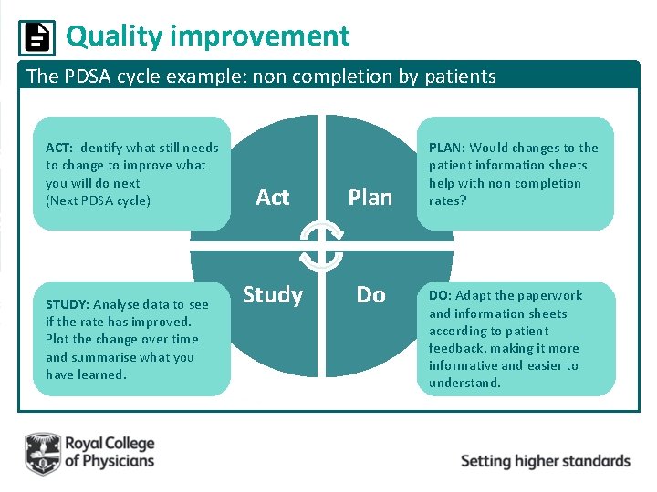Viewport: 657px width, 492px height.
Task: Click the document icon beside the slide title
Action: click(36, 37)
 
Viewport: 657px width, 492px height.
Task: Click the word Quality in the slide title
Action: click(113, 36)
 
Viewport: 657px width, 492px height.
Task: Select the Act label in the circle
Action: click(272, 197)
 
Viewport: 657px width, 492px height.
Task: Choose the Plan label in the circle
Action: click(370, 197)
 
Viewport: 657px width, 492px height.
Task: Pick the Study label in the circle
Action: click(272, 294)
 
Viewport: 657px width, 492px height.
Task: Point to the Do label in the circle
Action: click(370, 294)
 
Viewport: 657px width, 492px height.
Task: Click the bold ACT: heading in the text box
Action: click(59, 148)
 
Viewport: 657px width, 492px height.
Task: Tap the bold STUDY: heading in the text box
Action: click(67, 304)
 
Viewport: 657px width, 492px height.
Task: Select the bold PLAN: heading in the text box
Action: click(446, 148)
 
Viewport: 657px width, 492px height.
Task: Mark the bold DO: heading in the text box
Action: click(440, 295)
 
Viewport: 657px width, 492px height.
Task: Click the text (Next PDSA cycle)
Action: click(98, 200)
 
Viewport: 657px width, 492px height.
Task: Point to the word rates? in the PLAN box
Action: click(447, 200)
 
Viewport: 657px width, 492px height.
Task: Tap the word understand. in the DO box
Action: click(464, 383)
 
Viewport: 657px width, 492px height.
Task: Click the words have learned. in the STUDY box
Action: click(86, 374)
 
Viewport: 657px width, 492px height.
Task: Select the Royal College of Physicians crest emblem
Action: click(42, 453)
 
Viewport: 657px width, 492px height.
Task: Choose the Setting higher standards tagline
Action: click(545, 460)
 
